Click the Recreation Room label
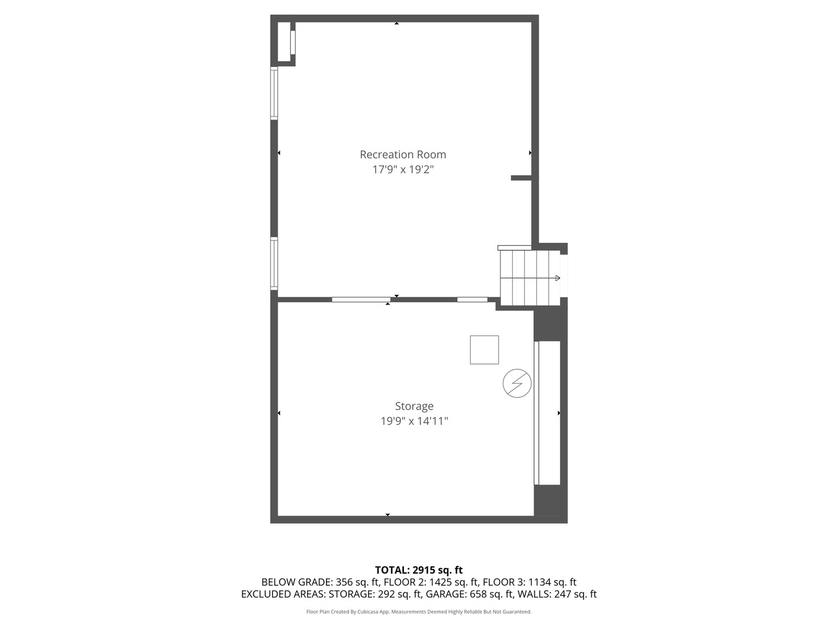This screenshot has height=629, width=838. click(403, 154)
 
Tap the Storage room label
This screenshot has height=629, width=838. click(414, 406)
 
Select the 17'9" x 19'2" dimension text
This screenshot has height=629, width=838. click(403, 169)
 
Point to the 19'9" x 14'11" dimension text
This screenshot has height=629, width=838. click(414, 421)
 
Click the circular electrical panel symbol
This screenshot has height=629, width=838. click(517, 384)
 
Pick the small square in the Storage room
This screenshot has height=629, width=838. click(484, 350)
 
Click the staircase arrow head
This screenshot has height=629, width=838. click(558, 278)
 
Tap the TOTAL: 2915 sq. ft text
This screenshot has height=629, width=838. click(418, 570)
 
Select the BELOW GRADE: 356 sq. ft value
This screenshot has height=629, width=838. click(320, 582)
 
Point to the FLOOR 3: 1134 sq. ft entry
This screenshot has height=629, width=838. click(530, 582)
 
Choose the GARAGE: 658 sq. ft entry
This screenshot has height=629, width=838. click(470, 594)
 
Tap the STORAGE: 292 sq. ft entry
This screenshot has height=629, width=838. click(375, 594)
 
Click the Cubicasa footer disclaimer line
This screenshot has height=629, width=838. click(418, 612)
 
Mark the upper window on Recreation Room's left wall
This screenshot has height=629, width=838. click(274, 94)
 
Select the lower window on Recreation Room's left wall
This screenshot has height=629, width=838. click(274, 263)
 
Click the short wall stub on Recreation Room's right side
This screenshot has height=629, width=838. click(521, 178)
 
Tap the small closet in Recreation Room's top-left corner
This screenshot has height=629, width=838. click(284, 41)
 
